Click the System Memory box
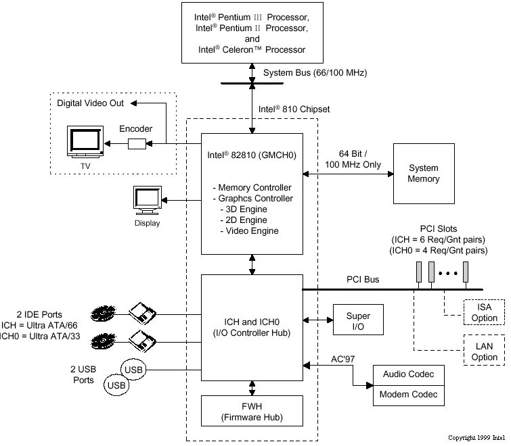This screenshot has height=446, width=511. click(424, 174)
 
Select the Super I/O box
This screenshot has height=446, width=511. click(358, 321)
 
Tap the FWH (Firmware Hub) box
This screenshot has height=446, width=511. click(252, 413)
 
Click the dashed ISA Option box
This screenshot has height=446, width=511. click(485, 313)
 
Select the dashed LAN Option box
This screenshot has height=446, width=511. click(485, 352)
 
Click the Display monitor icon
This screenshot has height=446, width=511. click(147, 201)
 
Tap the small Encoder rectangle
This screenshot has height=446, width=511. click(136, 143)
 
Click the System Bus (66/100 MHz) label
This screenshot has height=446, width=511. click(315, 72)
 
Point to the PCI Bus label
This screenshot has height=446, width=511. click(363, 279)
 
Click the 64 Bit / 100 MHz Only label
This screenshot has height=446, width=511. click(353, 159)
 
